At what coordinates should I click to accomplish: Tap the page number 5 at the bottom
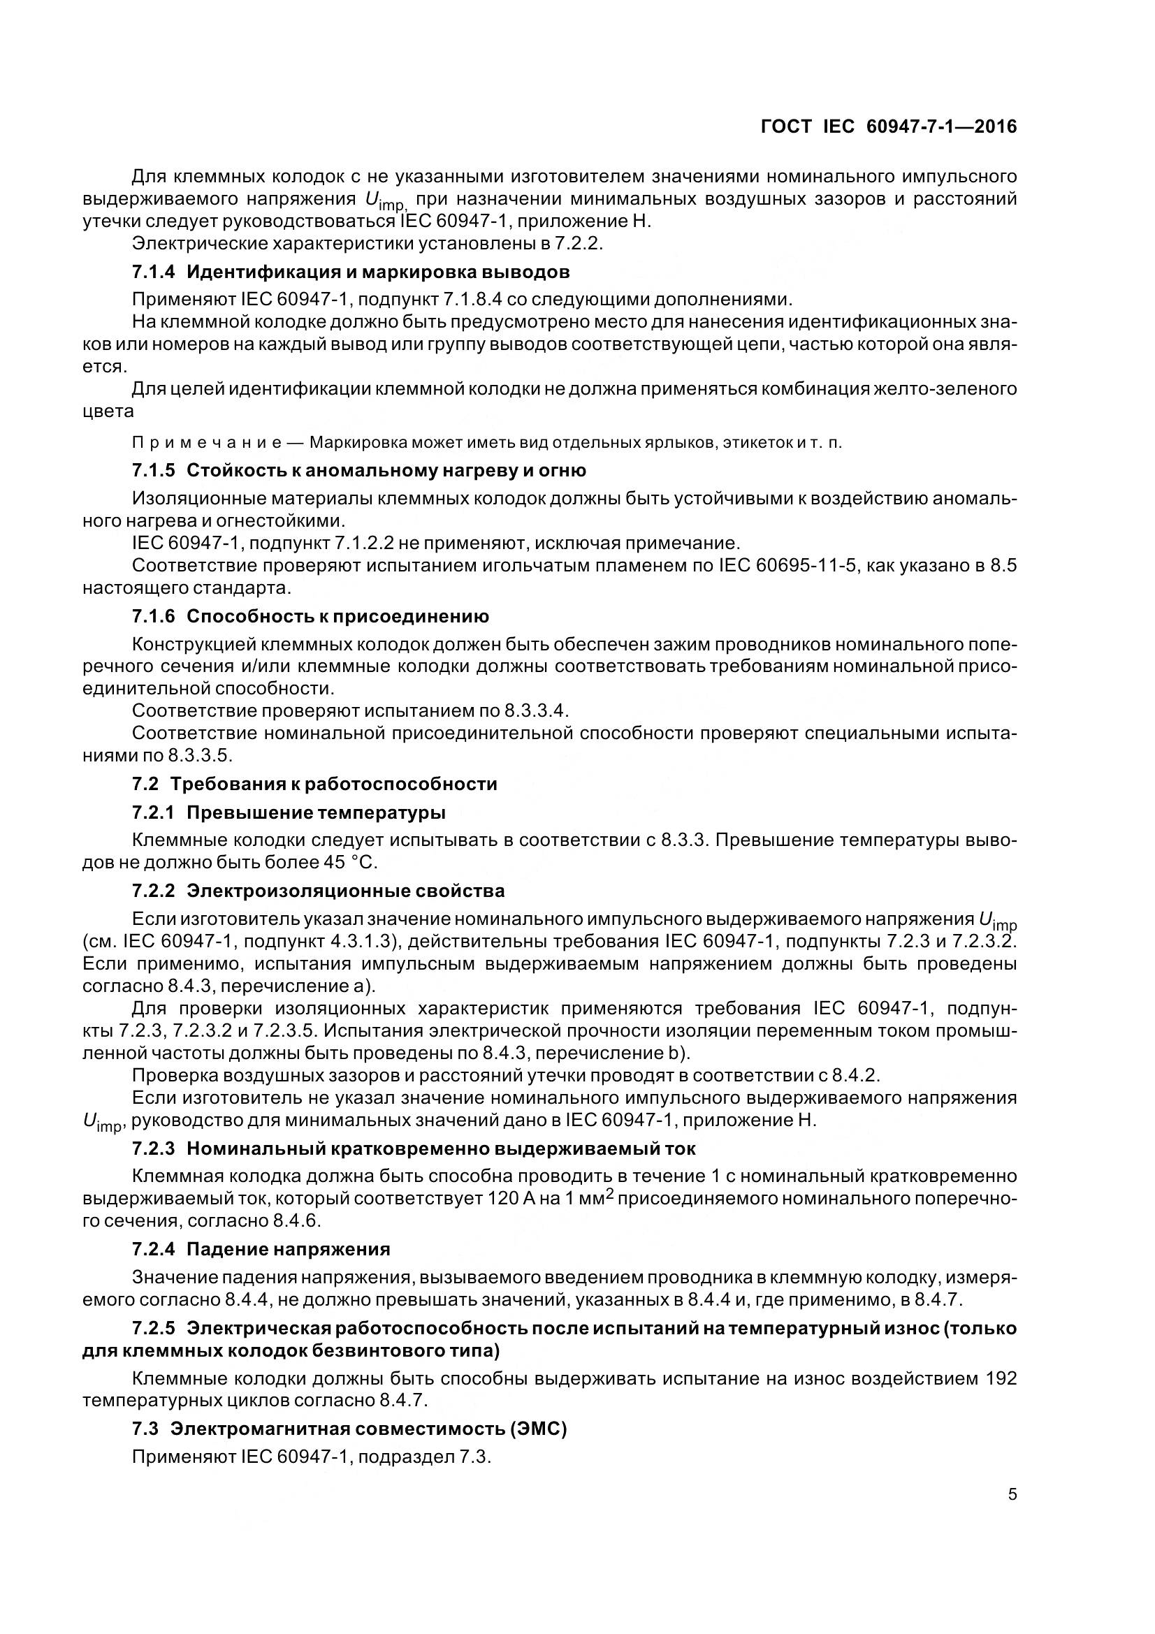coord(1012,1493)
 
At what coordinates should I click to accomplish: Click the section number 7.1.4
coord(153,272)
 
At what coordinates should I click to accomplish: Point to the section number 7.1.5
coord(153,470)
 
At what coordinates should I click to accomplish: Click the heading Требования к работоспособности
coord(333,785)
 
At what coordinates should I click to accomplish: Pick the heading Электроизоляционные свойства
coord(346,891)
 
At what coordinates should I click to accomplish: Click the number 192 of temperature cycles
coord(1001,1378)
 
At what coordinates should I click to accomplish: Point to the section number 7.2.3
coord(153,1148)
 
